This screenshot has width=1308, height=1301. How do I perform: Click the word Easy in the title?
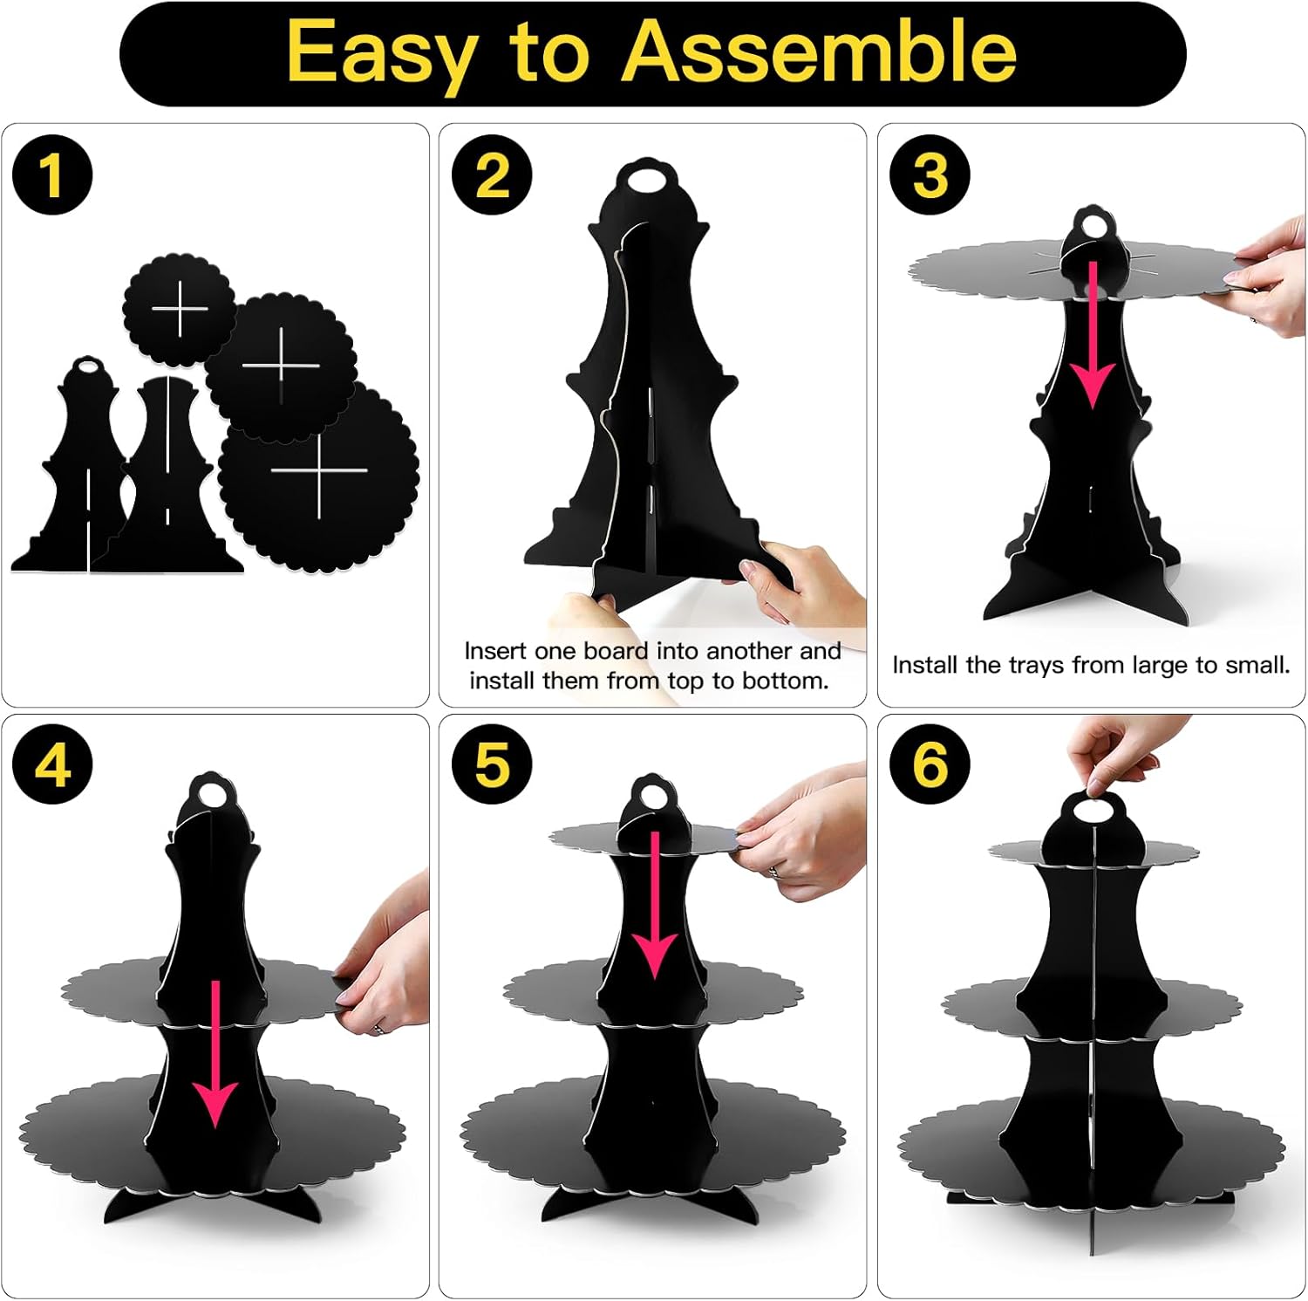(x=382, y=55)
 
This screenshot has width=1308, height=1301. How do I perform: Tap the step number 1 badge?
(x=52, y=175)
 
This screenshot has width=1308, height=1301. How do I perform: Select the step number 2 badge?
(x=492, y=175)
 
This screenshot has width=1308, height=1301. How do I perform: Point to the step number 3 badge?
(x=930, y=175)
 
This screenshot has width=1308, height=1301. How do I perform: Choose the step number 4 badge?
(x=52, y=765)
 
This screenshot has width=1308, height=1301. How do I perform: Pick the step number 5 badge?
(x=492, y=765)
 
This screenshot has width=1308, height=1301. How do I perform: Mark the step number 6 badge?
(x=930, y=765)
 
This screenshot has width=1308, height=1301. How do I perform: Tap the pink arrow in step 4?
(x=215, y=1053)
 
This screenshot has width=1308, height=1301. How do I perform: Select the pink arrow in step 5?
(x=654, y=905)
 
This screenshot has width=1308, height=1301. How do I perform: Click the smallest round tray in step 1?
(x=180, y=310)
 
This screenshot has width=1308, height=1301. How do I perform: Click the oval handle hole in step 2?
(x=646, y=179)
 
